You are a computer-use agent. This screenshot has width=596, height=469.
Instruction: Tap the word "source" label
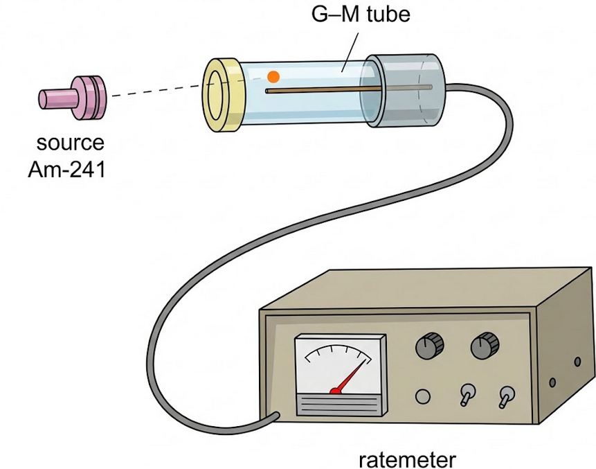point(70,144)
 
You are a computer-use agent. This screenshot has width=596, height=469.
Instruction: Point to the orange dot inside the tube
point(273,76)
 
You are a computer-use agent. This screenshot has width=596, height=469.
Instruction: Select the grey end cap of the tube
point(408,89)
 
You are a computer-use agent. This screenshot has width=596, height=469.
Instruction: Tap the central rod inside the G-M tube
point(325,89)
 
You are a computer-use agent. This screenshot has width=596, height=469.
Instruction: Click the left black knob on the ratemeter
point(430,344)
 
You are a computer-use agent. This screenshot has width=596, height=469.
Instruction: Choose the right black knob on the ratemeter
point(485,344)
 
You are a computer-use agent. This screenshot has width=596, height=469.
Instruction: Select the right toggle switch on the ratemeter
point(507,395)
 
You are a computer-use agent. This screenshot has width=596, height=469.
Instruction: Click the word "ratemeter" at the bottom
point(408,458)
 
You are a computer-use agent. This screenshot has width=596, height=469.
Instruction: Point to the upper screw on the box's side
point(577,361)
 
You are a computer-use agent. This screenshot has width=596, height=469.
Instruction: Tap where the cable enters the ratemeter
point(274,416)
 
